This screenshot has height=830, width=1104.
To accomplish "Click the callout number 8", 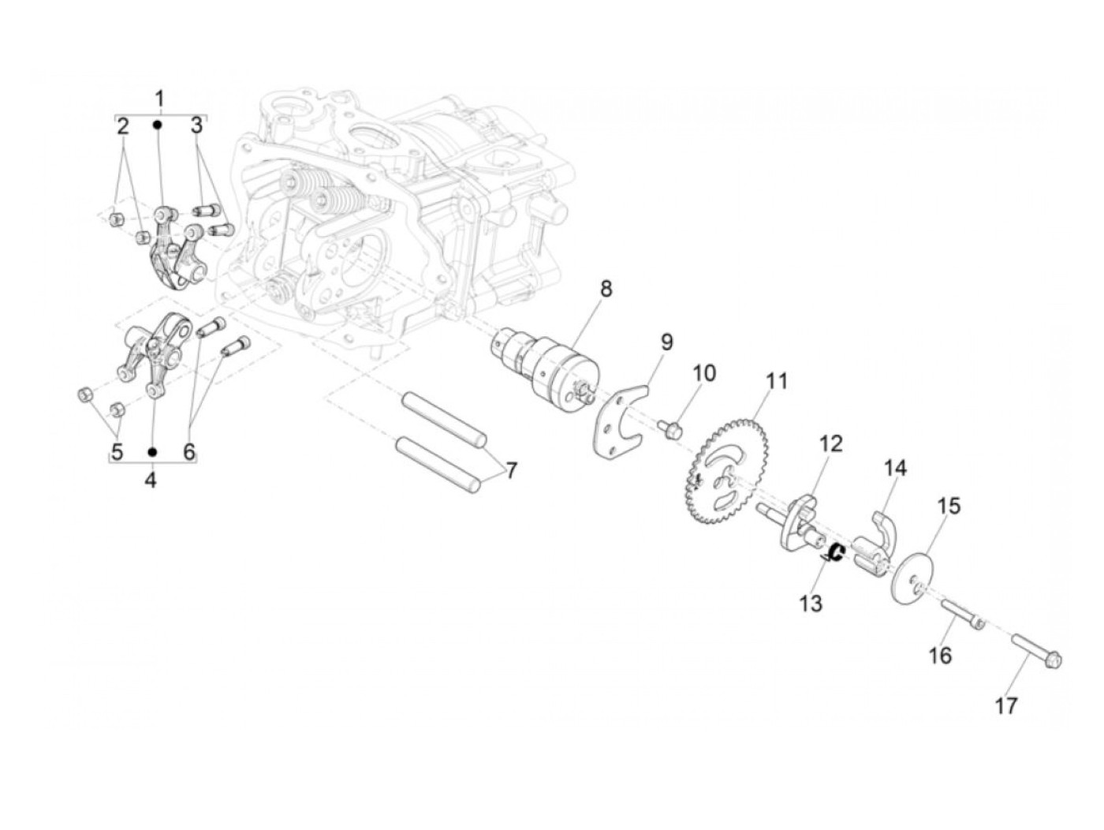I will point(605,289).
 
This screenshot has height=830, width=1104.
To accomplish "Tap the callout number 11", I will point(777,382).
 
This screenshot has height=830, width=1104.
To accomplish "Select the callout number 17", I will point(1006,705).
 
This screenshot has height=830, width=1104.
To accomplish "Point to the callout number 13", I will point(811,604).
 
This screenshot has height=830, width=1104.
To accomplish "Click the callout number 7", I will point(511,471).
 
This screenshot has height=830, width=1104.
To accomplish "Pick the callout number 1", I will point(159,99).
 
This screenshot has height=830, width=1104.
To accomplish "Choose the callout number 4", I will point(151,478).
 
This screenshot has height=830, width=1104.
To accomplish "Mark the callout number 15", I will point(949,506).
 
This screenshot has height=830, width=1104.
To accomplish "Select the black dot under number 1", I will point(159,124).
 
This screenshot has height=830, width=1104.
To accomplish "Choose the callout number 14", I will point(895,468).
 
